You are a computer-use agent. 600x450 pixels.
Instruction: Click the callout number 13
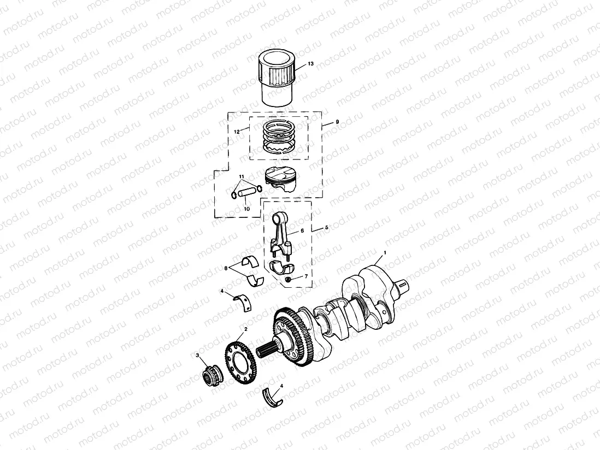[310, 64]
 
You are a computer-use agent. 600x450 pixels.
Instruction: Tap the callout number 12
[237, 132]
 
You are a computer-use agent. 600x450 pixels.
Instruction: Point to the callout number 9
[337, 122]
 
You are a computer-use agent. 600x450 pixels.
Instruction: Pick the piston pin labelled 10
[246, 193]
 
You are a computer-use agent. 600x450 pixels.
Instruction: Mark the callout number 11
[240, 176]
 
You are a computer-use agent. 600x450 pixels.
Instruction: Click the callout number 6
[301, 231]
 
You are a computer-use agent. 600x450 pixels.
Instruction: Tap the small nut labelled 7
[288, 280]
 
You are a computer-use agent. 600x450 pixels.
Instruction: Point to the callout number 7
[305, 276]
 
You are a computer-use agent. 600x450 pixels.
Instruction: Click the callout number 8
[225, 268]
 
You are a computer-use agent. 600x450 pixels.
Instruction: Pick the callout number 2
[245, 329]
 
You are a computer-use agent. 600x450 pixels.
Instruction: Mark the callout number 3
[197, 356]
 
